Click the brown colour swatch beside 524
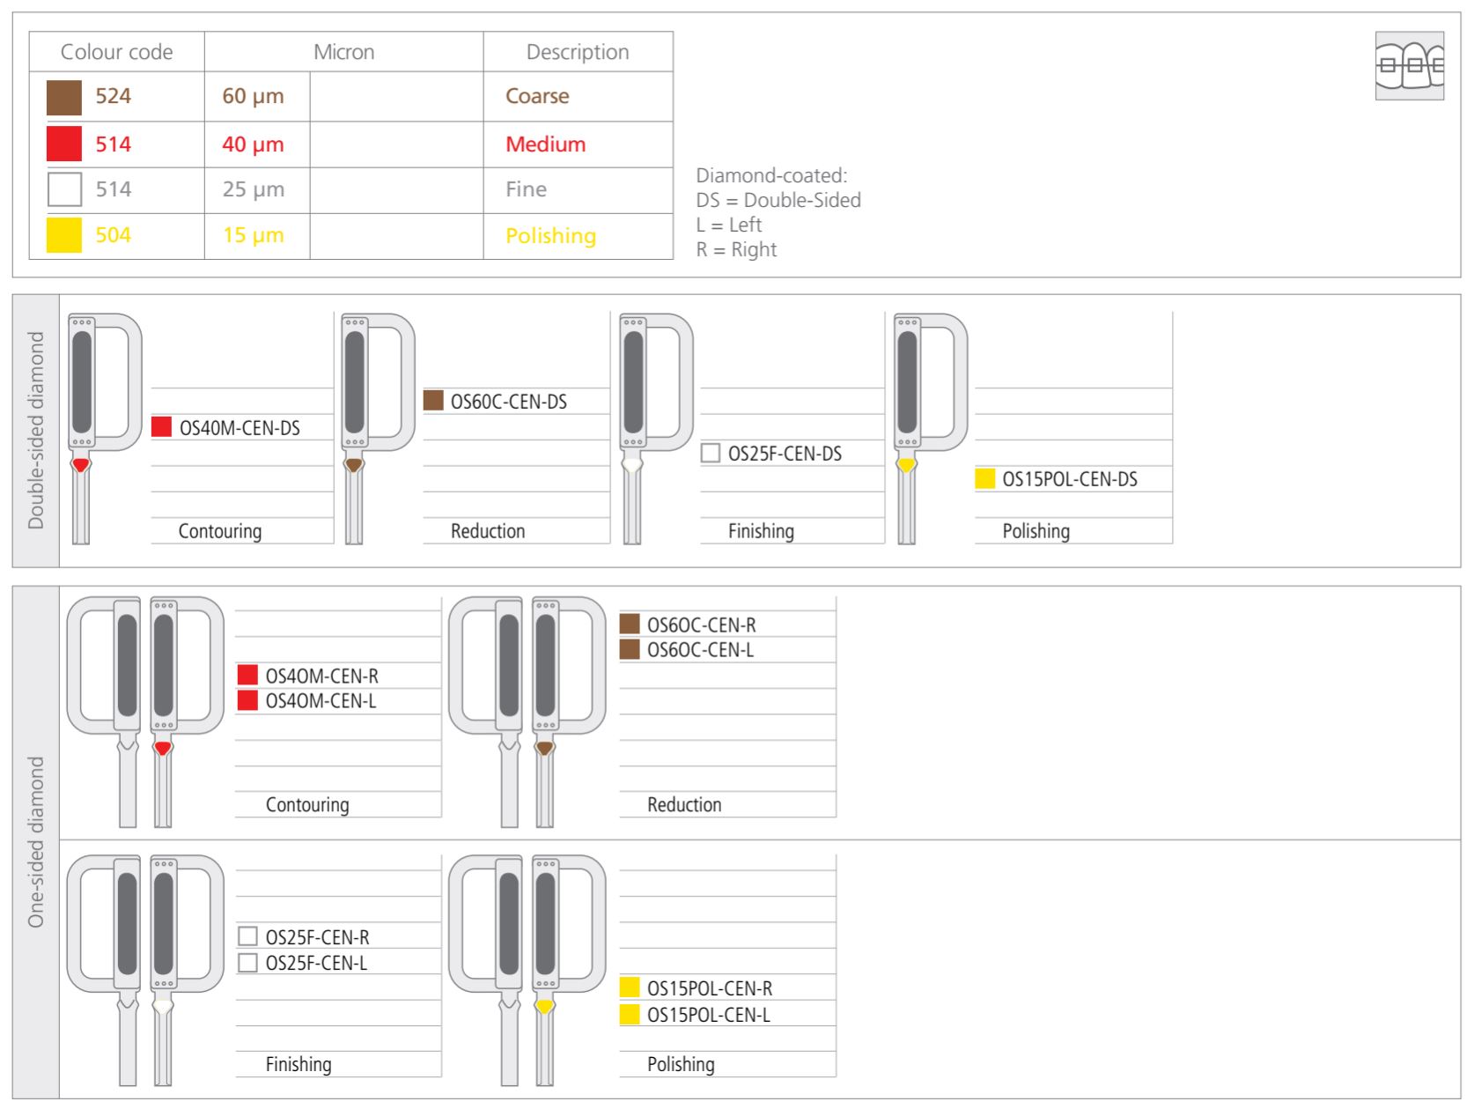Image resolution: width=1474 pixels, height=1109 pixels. tap(64, 97)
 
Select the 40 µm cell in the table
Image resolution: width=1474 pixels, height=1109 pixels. tap(254, 144)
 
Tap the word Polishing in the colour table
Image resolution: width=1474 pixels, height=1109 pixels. tap(550, 236)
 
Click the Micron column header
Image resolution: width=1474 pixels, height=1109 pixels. tap(343, 52)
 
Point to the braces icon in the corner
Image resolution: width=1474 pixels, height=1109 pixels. tap(1409, 66)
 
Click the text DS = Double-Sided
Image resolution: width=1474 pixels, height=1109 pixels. tap(778, 201)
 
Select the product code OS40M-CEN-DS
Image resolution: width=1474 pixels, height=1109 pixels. tap(240, 428)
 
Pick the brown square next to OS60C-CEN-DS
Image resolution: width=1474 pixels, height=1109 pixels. tap(433, 401)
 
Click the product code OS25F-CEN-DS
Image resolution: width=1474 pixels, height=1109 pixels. tap(785, 454)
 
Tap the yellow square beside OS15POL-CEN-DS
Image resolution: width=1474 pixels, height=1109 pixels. tap(985, 479)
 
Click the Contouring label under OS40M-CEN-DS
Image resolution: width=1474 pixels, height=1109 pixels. tap(220, 531)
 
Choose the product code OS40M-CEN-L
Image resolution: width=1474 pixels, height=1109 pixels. tap(321, 701)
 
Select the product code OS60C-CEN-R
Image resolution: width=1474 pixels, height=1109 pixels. tap(701, 625)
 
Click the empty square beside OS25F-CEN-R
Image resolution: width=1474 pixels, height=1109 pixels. tap(248, 936)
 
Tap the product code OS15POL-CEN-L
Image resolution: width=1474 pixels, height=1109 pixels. tap(708, 1015)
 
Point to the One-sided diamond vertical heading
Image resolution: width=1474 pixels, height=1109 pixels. tap(36, 842)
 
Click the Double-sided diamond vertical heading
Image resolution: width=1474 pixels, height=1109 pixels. tap(36, 431)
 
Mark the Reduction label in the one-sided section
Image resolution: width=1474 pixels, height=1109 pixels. tap(684, 805)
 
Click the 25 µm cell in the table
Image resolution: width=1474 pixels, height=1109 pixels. tap(254, 189)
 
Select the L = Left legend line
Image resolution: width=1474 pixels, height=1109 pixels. tap(729, 225)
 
